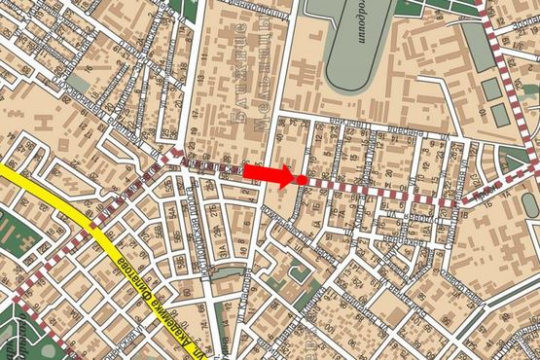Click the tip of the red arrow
293,178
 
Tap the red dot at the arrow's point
303,179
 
